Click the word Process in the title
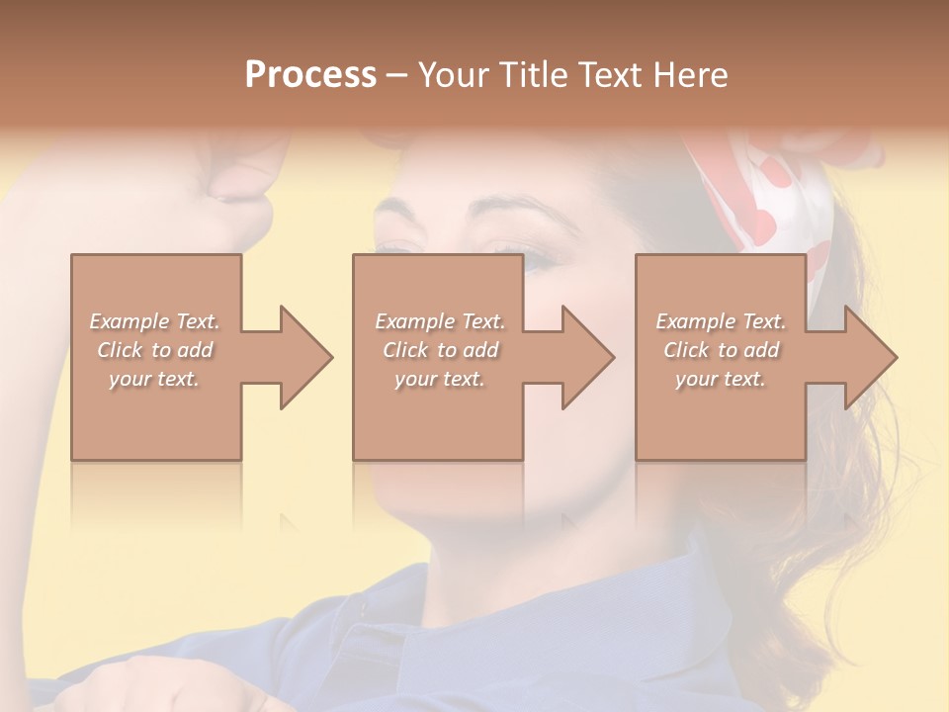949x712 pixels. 310,74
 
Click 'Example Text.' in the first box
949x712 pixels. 154,321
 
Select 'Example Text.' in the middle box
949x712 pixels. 439,321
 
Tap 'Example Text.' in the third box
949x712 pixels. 721,321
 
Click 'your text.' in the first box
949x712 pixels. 154,379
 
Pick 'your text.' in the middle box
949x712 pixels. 439,379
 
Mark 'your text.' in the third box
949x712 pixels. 721,379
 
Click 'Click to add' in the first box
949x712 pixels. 154,350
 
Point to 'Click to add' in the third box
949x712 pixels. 721,350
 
